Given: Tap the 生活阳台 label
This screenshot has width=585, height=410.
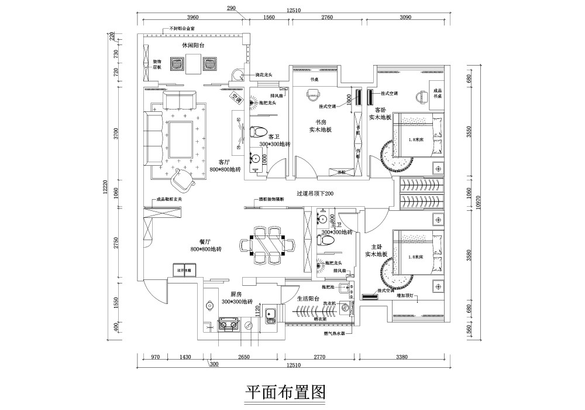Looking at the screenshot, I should coord(308,298).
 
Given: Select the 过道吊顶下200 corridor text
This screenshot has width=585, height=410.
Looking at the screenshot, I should coord(315,194).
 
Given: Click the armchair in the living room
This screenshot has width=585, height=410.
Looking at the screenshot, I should coord(185,179).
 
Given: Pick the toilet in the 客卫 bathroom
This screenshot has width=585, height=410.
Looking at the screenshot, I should coord(258,132).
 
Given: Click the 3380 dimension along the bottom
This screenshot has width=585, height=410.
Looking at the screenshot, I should coord(401,356).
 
